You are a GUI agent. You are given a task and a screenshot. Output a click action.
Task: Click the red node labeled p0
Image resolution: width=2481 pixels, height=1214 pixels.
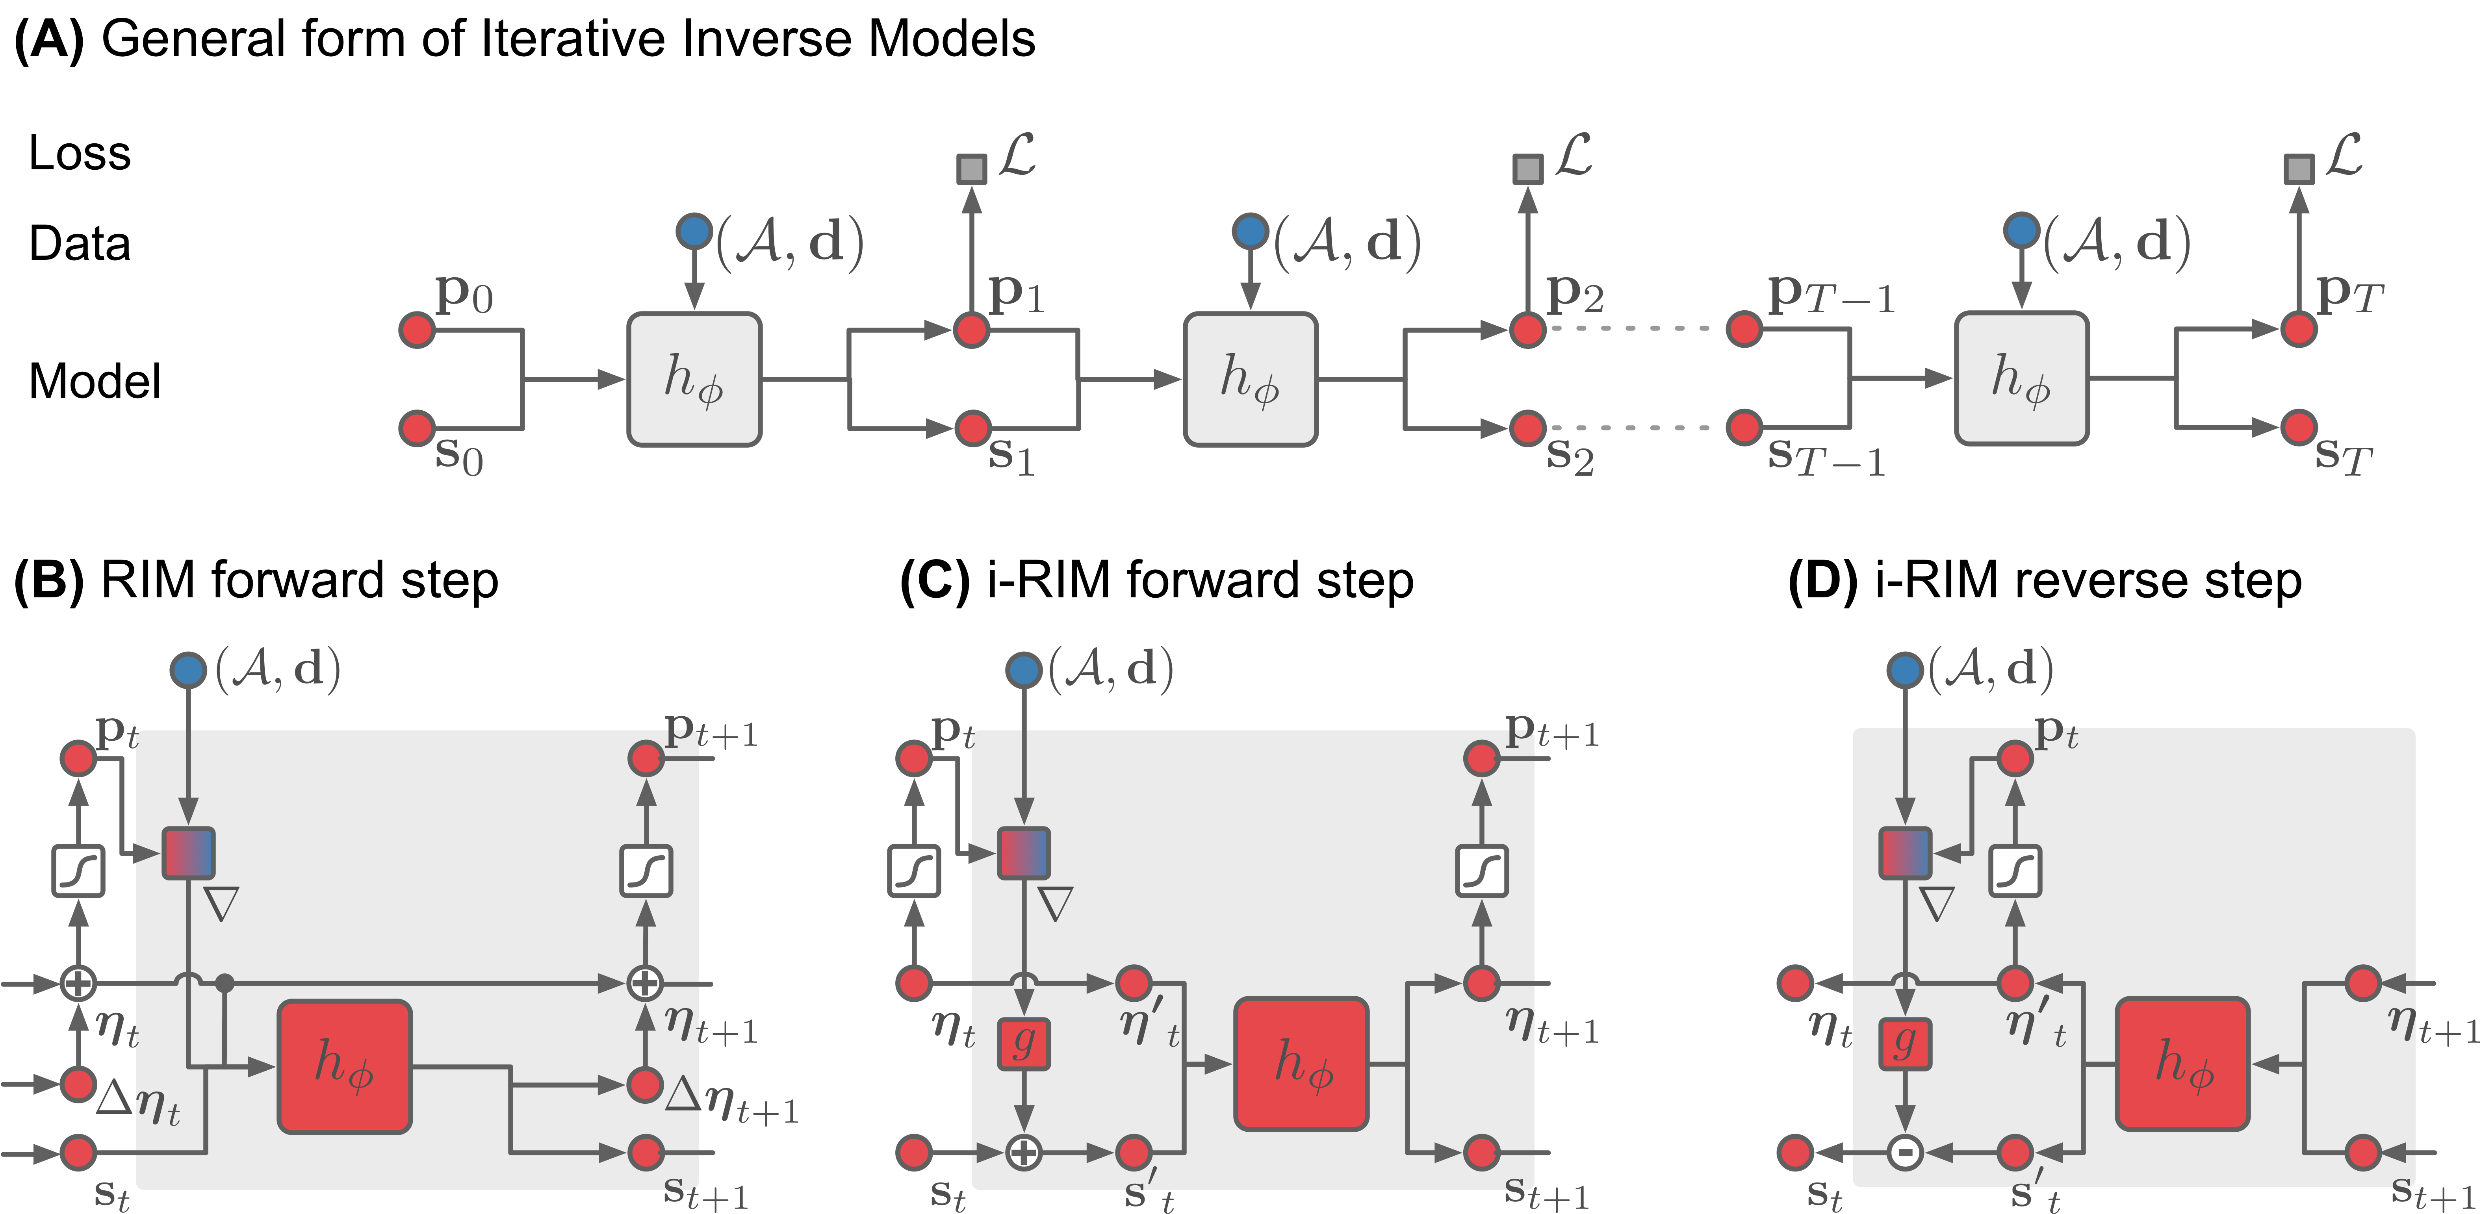(417, 330)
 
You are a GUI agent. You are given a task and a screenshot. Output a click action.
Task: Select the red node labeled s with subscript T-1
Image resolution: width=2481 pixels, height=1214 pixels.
(1744, 426)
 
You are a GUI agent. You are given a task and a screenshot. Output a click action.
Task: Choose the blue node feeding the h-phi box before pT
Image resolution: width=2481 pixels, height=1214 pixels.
(2022, 231)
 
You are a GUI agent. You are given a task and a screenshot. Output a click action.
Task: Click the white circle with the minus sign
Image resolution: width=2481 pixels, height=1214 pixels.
(1904, 1151)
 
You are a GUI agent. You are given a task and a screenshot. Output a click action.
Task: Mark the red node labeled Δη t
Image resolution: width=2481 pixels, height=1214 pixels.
(78, 1084)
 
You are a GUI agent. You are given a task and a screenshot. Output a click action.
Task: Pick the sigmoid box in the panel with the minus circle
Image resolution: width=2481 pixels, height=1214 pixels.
(2015, 871)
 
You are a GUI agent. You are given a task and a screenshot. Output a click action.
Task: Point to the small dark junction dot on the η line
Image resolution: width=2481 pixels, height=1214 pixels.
(225, 983)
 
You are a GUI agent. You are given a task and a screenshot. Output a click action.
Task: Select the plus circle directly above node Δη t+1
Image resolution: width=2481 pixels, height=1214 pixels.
(644, 983)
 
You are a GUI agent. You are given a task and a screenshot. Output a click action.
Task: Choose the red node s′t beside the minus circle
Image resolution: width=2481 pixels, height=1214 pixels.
(2015, 1151)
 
